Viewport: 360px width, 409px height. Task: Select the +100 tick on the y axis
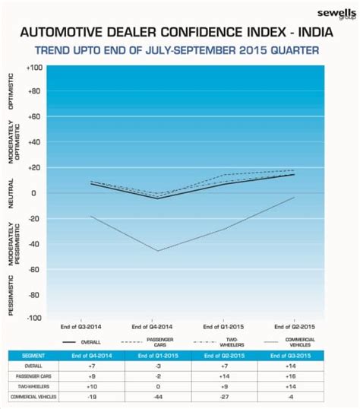[x=33, y=68]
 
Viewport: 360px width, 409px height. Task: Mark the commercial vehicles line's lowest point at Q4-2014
[x=158, y=250]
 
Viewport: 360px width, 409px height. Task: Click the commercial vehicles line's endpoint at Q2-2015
[x=295, y=197]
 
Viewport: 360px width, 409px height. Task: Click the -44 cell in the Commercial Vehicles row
[x=158, y=395]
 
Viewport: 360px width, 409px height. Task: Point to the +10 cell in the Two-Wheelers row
[x=90, y=385]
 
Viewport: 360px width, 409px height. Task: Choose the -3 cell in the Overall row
[x=158, y=365]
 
